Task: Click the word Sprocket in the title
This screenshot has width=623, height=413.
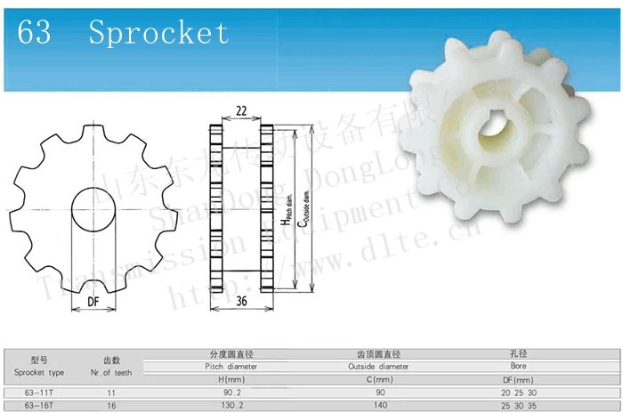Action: pyautogui.click(x=158, y=34)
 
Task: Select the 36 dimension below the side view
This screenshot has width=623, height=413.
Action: pyautogui.click(x=240, y=302)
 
